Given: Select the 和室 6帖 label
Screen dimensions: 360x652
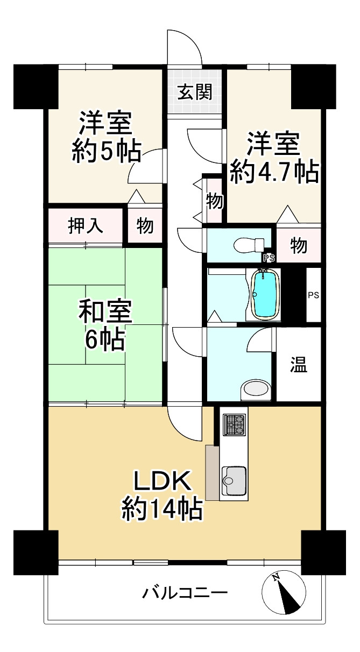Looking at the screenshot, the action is tap(105, 325).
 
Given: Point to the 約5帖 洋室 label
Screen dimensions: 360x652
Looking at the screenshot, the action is tap(107, 137).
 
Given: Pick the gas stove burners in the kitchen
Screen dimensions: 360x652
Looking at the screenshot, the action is tap(234, 424).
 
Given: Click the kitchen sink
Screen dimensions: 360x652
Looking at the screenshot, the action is tap(234, 480).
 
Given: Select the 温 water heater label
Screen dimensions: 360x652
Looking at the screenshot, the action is tap(299, 364).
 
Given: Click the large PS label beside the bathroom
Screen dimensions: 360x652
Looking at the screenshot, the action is tap(314, 295).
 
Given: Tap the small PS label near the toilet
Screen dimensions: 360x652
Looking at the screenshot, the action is tap(269, 258).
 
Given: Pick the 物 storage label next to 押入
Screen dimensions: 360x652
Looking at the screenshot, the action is tap(145, 225).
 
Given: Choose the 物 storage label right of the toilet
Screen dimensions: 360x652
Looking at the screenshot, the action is tap(299, 245).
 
